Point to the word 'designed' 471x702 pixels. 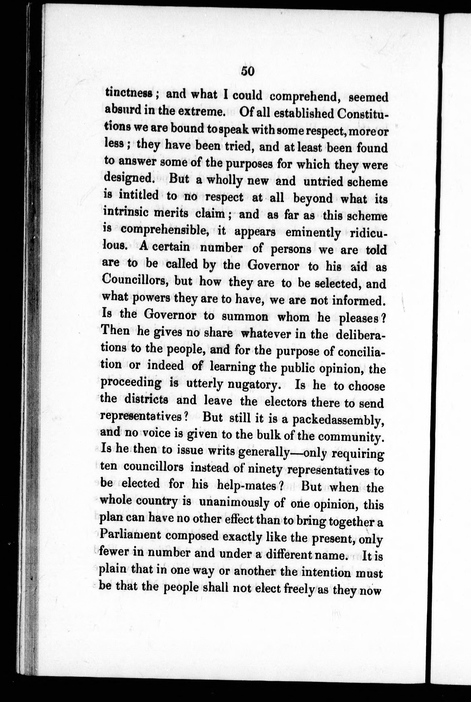pos(129,178)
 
